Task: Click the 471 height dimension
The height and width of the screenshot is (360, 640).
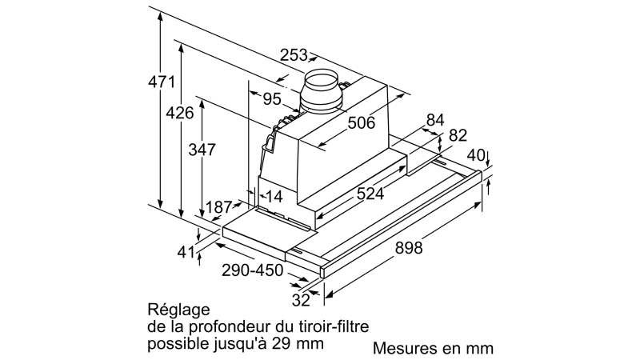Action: click(162, 82)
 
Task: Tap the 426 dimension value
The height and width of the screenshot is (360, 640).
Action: click(179, 113)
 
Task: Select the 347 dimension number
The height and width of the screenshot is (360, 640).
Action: click(202, 150)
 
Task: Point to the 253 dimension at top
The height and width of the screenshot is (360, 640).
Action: click(294, 54)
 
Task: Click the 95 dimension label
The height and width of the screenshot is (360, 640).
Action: click(272, 98)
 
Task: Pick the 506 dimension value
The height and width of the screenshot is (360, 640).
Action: click(361, 122)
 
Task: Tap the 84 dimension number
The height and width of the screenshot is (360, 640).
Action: click(435, 120)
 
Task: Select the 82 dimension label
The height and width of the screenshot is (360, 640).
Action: click(458, 135)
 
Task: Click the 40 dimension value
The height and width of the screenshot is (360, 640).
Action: click(476, 155)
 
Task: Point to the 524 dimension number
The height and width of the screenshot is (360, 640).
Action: click(370, 194)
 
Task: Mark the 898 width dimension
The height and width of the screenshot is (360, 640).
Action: click(409, 248)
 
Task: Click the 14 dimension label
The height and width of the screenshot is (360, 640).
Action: click(274, 197)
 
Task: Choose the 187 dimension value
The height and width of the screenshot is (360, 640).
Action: click(218, 207)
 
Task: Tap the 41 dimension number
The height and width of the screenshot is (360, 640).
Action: click(186, 252)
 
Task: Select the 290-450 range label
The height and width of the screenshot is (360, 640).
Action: click(252, 270)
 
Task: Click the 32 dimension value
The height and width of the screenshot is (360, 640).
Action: click(301, 301)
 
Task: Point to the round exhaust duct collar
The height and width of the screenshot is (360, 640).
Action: click(322, 92)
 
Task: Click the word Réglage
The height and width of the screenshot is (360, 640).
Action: click(178, 310)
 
